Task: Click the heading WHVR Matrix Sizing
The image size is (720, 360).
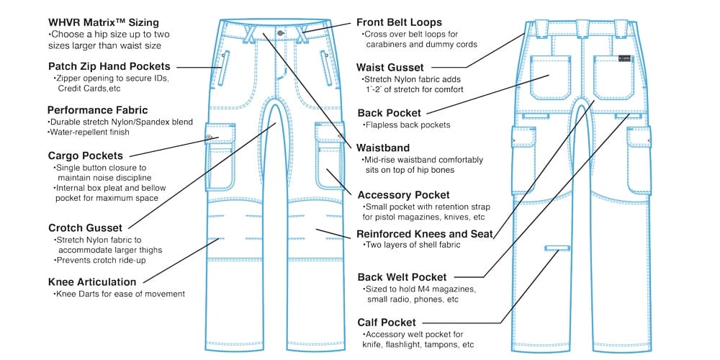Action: (103, 23)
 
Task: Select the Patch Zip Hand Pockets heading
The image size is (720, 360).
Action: (109, 67)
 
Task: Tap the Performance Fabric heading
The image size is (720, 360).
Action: (97, 110)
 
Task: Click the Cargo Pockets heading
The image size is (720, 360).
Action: (85, 155)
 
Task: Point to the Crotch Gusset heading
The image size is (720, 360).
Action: (85, 228)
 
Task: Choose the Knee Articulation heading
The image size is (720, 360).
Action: (91, 282)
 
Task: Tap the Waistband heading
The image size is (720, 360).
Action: (383, 148)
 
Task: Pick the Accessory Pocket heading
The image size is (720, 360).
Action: (403, 194)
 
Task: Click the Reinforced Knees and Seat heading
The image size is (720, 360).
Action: (425, 233)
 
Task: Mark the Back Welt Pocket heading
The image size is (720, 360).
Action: (402, 276)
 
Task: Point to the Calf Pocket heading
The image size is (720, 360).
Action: (386, 323)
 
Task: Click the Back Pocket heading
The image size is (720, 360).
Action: (390, 113)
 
